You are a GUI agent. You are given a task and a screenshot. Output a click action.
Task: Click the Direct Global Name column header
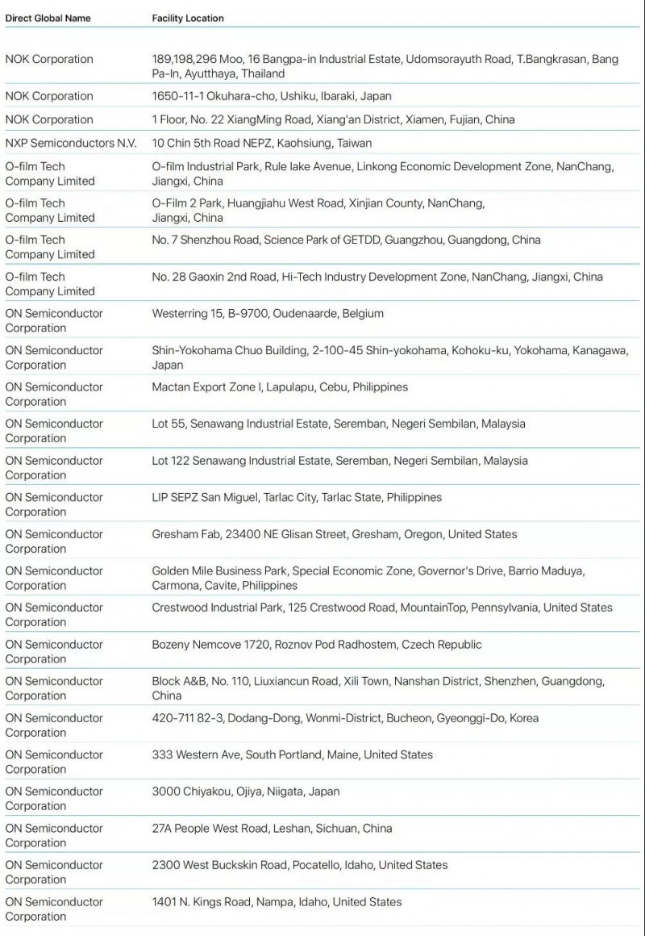48,18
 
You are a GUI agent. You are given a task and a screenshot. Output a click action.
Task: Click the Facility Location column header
188,18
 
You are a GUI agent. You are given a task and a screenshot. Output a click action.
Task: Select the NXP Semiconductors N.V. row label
71,143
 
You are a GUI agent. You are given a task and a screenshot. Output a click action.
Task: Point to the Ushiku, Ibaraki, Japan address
272,96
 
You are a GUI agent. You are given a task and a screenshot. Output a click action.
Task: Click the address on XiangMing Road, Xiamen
333,119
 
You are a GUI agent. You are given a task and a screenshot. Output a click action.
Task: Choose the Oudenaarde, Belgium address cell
268,313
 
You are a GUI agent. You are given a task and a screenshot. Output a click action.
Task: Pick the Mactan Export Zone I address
280,387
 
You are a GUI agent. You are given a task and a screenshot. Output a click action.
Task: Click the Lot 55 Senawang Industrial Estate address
338,424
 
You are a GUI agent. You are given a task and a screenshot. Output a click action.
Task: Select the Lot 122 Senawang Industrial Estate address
339,460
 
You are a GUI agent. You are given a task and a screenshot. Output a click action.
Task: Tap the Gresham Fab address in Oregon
335,533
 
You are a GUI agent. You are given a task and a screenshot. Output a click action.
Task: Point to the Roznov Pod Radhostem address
317,644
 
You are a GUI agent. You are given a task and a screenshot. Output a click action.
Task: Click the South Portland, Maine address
292,754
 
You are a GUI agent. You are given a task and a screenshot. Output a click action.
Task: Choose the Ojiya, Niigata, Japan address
245,791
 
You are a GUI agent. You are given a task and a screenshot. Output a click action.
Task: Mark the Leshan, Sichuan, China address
272,828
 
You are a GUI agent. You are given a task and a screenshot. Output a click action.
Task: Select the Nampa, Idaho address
277,901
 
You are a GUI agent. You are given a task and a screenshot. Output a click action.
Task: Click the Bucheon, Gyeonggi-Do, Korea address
345,717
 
